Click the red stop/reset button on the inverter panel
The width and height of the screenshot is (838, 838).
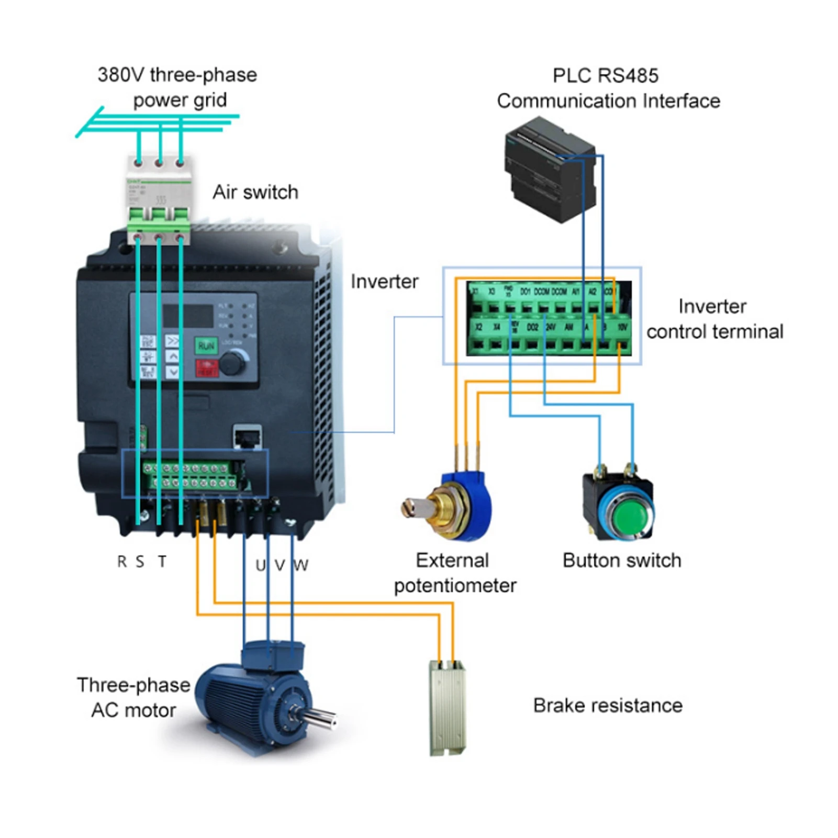click(x=207, y=367)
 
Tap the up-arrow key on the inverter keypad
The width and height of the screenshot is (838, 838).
click(x=173, y=356)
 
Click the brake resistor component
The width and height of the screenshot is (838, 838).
click(x=448, y=707)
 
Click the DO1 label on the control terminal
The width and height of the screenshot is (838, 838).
click(x=526, y=291)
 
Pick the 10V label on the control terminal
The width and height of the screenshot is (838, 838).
click(x=622, y=327)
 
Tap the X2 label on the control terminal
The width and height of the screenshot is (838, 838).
click(x=478, y=327)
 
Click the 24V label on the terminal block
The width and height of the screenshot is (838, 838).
click(x=551, y=327)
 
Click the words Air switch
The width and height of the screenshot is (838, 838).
click(x=255, y=192)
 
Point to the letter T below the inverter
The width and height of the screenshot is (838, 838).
click(x=162, y=561)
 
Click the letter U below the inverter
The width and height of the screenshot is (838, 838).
click(x=260, y=565)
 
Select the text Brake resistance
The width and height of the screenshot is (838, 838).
click(x=607, y=705)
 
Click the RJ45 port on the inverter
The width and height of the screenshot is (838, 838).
click(x=248, y=437)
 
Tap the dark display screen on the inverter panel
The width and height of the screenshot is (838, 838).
click(x=188, y=316)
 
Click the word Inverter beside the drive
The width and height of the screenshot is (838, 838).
click(x=384, y=282)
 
